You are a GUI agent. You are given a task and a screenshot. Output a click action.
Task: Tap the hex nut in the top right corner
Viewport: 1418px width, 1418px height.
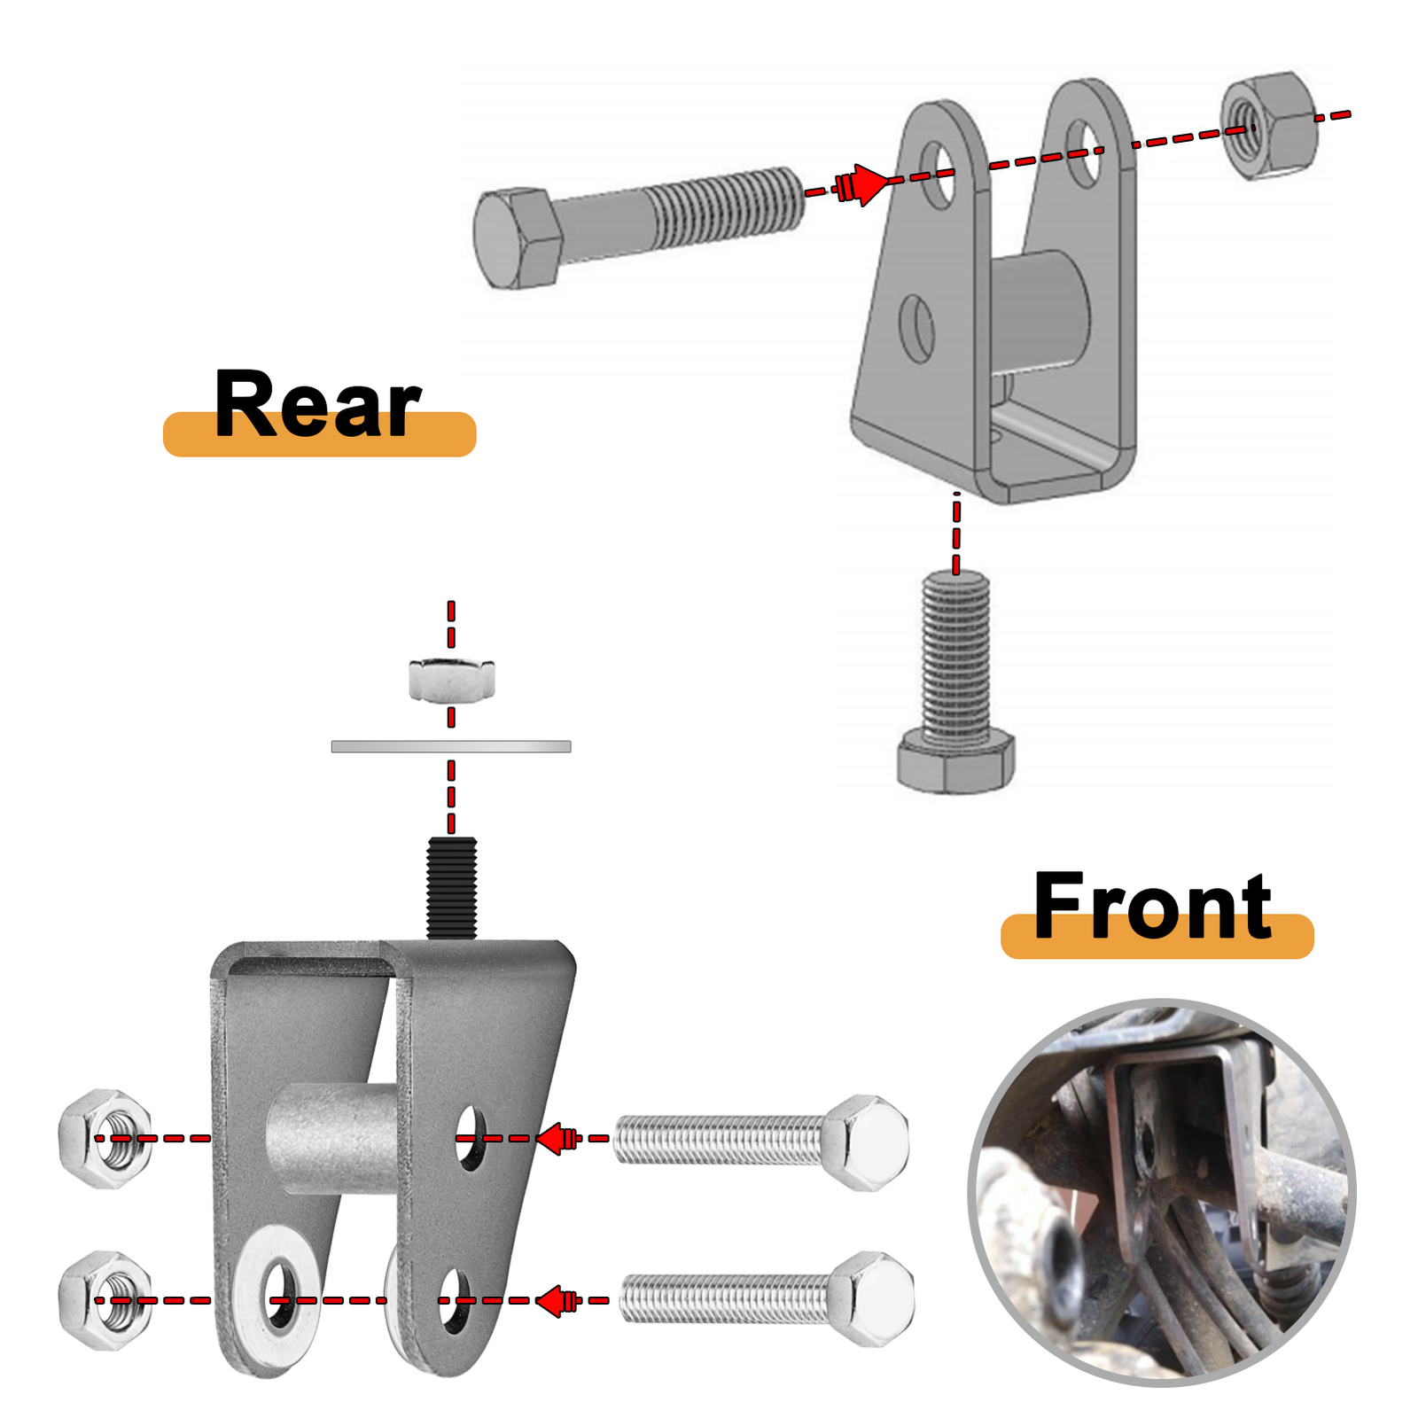(1268, 126)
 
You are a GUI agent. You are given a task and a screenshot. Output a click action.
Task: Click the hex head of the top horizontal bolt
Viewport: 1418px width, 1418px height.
(516, 238)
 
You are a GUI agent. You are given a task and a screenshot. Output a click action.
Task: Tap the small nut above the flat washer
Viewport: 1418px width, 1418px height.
(451, 681)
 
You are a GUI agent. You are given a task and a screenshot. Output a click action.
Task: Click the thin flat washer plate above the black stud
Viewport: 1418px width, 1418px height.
(451, 747)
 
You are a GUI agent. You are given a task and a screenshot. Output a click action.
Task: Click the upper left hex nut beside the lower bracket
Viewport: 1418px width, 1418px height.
(105, 1138)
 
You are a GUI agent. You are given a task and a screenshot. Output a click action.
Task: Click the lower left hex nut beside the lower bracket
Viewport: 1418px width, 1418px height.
(105, 1300)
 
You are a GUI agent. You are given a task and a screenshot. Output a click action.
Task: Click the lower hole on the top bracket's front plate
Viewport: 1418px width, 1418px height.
(916, 329)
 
